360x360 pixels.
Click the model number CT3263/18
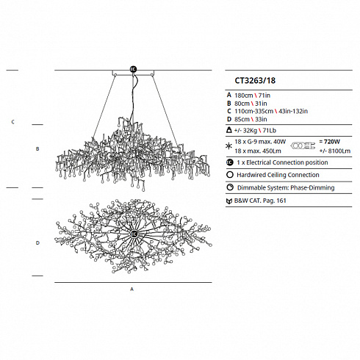pos(255,81)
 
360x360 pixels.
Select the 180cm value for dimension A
pos(244,96)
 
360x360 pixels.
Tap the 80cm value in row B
pos(242,104)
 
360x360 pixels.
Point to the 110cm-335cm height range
pos(253,111)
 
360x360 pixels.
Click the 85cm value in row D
pos(242,119)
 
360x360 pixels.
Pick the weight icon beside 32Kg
pos(229,130)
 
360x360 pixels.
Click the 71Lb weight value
pos(270,131)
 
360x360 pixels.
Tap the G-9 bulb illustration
pos(303,145)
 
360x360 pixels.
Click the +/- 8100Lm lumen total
pos(335,151)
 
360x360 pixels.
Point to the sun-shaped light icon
pos(228,146)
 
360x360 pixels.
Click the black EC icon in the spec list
pos(230,162)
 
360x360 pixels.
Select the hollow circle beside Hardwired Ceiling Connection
pos(230,175)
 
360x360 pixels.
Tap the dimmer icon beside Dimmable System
pos(230,187)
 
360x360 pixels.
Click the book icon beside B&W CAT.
pos(229,201)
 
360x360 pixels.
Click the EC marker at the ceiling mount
pos(133,69)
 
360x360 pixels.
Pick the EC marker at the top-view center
pos(134,234)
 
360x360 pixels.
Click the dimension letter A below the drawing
pos(132,289)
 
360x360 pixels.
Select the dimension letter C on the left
pos(13,122)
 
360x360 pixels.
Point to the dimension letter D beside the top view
pos(37,243)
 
